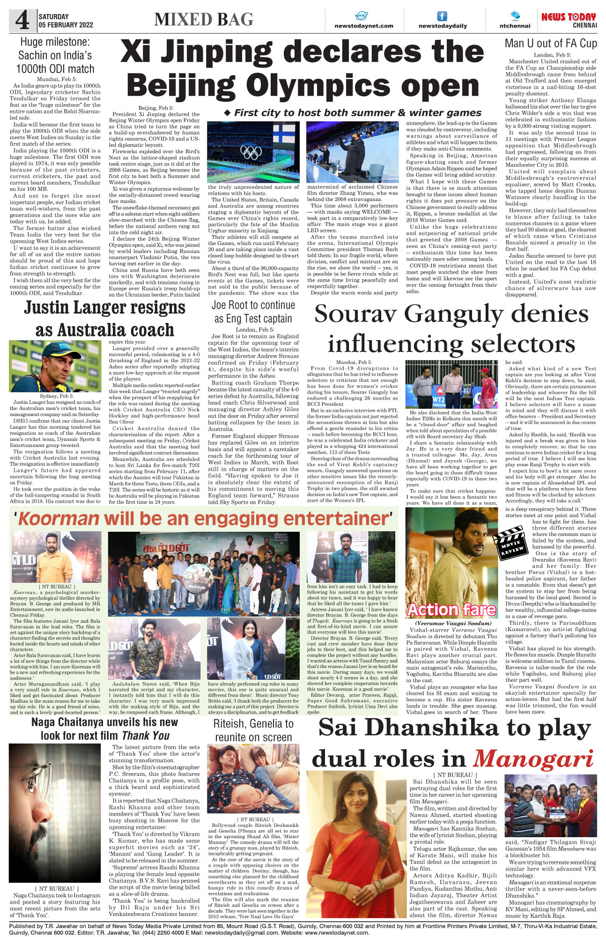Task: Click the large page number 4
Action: coord(22,21)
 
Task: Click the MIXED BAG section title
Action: coord(204,20)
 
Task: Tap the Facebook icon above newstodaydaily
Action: coord(442,16)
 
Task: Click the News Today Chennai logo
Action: coord(569,20)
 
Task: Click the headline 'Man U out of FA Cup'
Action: coord(551,44)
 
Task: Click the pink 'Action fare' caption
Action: coord(451,610)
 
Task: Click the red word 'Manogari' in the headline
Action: coord(533,759)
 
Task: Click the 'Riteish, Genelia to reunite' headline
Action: coord(253,730)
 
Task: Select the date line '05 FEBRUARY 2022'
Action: coord(66,25)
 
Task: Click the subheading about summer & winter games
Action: coord(353,113)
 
